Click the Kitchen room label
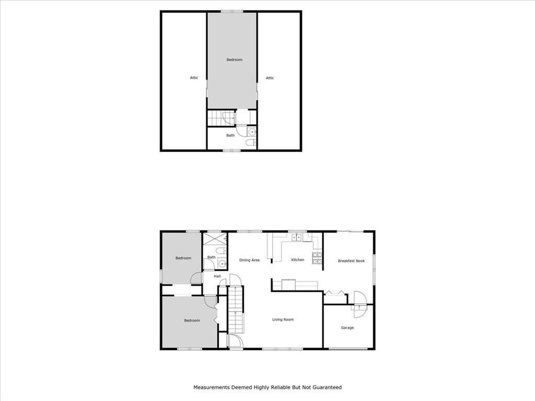click(297, 260)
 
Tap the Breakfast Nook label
click(351, 261)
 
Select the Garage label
click(347, 328)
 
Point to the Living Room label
click(283, 320)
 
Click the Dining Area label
click(249, 260)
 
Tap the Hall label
click(217, 276)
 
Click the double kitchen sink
click(297, 238)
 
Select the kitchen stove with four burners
click(317, 257)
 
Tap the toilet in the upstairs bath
click(250, 142)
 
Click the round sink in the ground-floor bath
click(222, 263)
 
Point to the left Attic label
click(194, 78)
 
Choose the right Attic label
click(270, 78)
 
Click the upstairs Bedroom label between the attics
click(234, 60)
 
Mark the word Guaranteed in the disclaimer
click(327, 387)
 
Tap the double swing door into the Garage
click(358, 304)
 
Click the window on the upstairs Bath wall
click(231, 150)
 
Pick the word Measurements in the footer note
click(211, 387)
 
